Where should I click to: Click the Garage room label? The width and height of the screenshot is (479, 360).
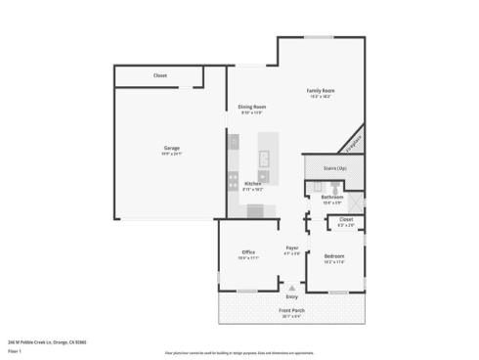pos(171,149)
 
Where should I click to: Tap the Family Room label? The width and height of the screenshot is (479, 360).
pos(321,90)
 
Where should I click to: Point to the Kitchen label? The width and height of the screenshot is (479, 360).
pos(252,183)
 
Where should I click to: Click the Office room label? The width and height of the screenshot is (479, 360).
pos(248,252)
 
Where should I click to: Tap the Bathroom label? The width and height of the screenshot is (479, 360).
pos(332,198)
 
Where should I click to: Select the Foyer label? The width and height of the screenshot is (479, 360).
pos(291,247)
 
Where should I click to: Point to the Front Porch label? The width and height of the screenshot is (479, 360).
pos(292,311)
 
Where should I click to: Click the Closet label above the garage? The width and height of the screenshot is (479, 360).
pos(159,75)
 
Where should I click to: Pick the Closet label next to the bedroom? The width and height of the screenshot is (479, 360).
pos(346,220)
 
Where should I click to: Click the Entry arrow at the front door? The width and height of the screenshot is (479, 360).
pos(291,289)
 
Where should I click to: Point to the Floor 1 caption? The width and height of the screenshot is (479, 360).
pos(15,349)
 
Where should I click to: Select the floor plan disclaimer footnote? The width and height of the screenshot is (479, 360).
pos(239,352)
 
